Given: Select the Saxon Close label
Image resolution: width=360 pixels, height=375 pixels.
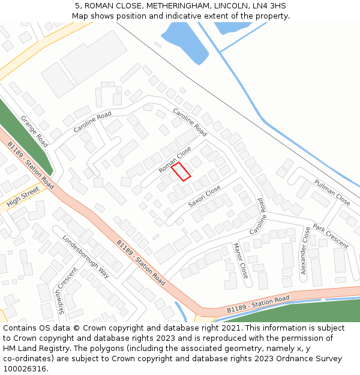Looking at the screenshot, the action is [x=205, y=196].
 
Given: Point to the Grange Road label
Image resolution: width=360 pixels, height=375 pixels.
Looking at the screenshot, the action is [x=34, y=131].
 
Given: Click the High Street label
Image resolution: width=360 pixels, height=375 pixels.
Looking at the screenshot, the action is [x=23, y=197].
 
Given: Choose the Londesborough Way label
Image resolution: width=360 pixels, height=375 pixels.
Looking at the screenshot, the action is [x=86, y=256].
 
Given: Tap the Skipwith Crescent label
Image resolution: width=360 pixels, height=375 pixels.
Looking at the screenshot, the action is [x=67, y=290].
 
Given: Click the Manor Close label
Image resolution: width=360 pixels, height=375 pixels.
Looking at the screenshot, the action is [x=240, y=260].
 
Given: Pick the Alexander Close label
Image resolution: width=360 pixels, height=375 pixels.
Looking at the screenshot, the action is [x=304, y=250].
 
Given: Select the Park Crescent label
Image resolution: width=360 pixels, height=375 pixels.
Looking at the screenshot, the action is [x=330, y=236].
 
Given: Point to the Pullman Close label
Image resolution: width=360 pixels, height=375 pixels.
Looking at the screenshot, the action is [x=332, y=191].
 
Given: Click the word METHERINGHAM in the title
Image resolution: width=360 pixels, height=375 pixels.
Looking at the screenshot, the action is [x=171, y=6].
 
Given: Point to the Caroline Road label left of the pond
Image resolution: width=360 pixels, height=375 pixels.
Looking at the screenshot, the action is [x=92, y=122].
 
